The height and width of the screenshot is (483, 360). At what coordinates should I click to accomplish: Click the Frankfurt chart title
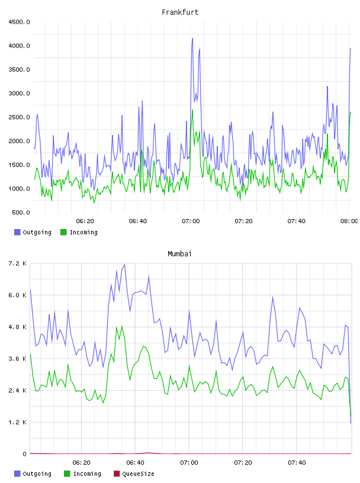180,12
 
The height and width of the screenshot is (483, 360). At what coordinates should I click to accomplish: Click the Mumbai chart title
179,253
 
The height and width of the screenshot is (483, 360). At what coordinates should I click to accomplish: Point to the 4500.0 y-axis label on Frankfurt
19,22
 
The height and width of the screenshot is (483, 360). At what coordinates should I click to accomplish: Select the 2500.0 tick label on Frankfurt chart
19,117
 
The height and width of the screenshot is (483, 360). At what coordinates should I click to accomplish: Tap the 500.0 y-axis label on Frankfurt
21,212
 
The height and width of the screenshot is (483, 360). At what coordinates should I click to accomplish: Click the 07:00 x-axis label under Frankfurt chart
191,221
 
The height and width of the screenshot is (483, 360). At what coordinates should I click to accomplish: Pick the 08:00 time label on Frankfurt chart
349,221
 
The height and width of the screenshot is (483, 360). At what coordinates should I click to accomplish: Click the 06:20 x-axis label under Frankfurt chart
85,221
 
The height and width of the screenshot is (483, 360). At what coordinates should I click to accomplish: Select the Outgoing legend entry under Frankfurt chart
33,232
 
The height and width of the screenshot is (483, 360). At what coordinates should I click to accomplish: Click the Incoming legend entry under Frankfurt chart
79,232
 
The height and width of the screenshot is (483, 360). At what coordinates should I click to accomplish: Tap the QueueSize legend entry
134,474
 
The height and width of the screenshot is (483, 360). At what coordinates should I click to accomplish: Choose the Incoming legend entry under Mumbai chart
83,474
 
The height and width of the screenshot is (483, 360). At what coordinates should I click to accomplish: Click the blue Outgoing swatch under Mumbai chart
17,474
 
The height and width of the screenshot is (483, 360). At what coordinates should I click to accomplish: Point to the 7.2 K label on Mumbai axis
18,263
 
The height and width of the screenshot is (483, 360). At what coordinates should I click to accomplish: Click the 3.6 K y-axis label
18,359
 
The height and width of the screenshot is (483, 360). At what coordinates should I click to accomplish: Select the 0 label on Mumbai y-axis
25,454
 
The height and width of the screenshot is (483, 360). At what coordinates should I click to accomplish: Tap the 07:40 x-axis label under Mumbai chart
297,462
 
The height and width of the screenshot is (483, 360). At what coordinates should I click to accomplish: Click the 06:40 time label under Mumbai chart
136,462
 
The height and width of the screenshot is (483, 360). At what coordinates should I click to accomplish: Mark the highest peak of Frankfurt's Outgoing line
192,38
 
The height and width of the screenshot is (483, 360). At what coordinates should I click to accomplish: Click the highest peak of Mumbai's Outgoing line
124,265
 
